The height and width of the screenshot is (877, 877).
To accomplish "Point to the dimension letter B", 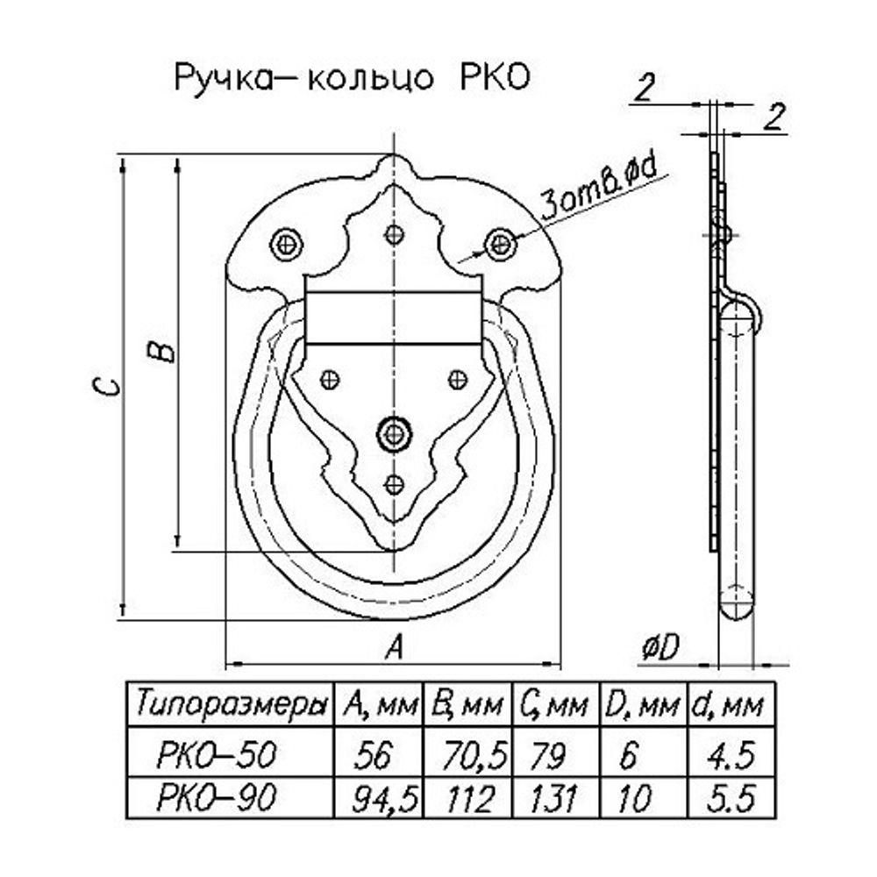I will tap(163, 351).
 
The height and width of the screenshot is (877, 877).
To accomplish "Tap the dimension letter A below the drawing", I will tap(395, 648).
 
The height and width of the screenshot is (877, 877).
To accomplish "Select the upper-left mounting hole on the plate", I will tap(286, 242).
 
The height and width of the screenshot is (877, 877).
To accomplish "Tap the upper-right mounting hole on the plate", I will tap(501, 242).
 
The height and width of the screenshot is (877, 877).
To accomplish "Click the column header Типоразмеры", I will tap(232, 704).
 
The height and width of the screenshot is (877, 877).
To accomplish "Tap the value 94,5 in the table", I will tap(381, 798).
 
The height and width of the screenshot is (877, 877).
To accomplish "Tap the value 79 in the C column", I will tap(544, 754).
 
